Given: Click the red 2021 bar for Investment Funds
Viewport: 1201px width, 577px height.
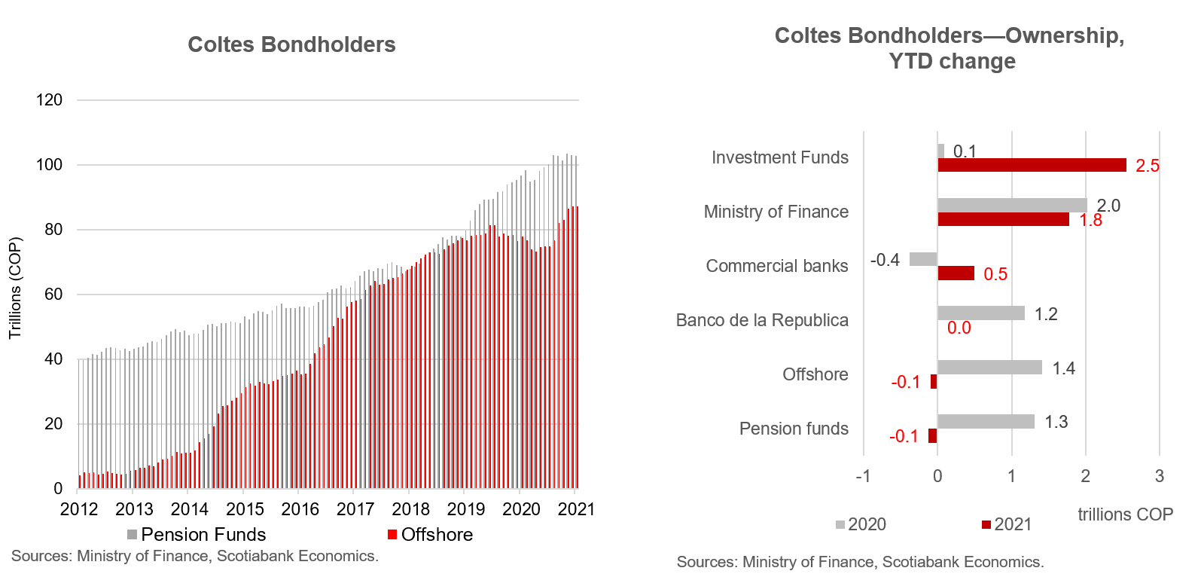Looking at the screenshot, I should coord(1032,165).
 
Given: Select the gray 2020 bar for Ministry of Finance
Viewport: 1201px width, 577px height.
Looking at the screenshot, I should coord(1012,205).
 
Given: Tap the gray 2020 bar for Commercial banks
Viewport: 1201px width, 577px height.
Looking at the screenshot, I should coord(923,259).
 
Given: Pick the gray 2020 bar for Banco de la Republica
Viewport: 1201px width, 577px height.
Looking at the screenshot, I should coord(980,313).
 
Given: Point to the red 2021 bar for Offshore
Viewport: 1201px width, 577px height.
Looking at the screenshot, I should coord(934,381).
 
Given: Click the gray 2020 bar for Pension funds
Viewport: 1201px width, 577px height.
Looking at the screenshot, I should coord(986,422).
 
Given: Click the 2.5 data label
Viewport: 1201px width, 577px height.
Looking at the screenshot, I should coord(1147,166).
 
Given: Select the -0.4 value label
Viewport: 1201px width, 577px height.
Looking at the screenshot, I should coord(885,260).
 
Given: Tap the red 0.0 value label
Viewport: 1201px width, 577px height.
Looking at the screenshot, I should coord(959,328).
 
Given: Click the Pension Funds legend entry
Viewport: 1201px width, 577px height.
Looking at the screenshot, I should coord(196,535).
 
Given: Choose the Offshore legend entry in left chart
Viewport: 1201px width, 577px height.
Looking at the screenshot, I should coord(430,535).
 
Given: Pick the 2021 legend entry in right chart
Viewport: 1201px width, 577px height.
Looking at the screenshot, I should coord(1006,524).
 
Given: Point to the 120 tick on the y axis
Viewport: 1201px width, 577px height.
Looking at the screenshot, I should coord(50,99).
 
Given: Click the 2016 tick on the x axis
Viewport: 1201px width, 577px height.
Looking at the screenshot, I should coord(300,509).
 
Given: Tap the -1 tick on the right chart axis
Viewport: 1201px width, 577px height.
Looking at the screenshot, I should coord(863,476).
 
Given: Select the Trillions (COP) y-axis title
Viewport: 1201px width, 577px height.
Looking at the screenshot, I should coord(15,288).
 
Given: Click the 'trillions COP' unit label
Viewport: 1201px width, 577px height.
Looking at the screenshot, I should coord(1125,514).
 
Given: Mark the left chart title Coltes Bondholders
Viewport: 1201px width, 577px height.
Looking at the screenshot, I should coord(291,45).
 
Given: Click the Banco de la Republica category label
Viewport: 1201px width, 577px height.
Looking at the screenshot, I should coord(762,320).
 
